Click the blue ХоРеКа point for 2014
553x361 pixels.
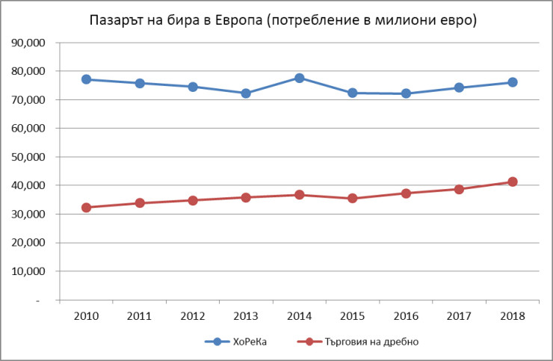pyautogui.click(x=299, y=78)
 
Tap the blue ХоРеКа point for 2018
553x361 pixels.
pyautogui.click(x=512, y=82)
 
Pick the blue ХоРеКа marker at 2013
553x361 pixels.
pyautogui.click(x=246, y=93)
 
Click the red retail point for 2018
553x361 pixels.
pyautogui.click(x=512, y=182)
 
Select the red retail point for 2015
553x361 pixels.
pyautogui.click(x=352, y=198)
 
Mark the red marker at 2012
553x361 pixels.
pyautogui.click(x=193, y=200)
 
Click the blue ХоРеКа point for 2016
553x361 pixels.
pyautogui.click(x=405, y=93)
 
